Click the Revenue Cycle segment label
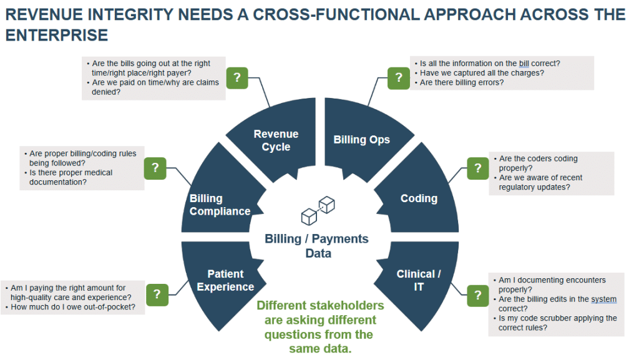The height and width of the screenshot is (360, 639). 276,140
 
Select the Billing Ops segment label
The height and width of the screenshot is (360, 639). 361,139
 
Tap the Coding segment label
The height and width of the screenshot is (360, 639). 419,198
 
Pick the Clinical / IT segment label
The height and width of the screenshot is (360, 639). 419,280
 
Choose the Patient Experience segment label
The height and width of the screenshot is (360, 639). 225,280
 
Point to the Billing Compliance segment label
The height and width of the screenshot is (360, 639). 220,205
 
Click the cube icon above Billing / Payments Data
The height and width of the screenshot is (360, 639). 318,211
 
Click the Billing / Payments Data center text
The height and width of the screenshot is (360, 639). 316,246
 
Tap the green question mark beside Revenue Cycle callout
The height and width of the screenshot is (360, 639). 237,78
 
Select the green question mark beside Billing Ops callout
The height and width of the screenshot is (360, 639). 398,78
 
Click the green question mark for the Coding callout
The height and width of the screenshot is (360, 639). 477,168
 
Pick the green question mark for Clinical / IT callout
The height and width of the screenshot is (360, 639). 477,295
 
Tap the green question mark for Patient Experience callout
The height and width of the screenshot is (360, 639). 157,294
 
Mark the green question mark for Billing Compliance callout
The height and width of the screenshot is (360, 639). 155,167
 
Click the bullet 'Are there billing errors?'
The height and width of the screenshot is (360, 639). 461,82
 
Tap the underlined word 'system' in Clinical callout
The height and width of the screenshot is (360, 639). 603,299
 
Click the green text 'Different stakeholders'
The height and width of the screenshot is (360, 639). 320,306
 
